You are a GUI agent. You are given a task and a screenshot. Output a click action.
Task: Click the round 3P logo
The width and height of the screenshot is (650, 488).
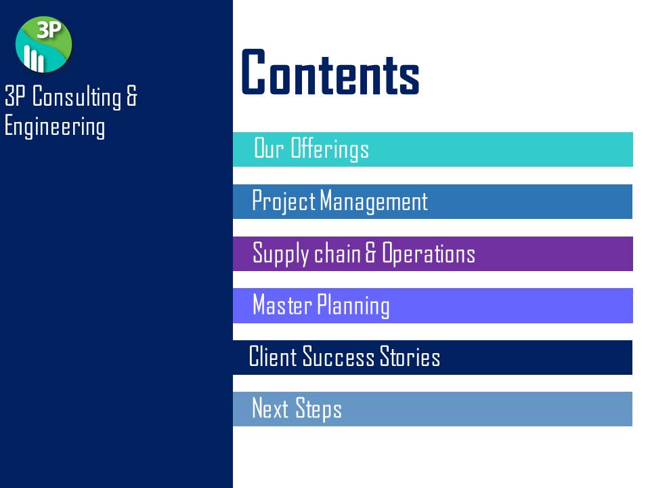(43, 45)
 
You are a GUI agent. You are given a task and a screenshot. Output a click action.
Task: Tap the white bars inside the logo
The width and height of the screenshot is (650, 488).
(34, 58)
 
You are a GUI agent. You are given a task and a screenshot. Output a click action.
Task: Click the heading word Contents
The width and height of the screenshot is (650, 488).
(330, 73)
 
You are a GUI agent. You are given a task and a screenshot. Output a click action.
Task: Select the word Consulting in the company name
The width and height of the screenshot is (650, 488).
(77, 96)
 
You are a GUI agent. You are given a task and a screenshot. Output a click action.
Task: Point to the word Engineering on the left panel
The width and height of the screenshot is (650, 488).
(55, 126)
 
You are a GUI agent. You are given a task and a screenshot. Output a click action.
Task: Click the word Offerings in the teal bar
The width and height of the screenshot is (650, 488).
(330, 148)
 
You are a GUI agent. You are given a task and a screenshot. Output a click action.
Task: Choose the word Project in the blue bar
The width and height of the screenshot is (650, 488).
(284, 201)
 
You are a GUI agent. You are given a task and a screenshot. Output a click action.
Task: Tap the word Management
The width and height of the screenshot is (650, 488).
(374, 201)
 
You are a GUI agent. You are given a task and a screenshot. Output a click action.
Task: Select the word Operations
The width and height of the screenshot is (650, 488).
(428, 253)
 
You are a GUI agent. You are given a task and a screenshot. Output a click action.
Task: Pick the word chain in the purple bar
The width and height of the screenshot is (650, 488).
(337, 253)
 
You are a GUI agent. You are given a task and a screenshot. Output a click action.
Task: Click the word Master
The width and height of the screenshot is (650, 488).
(282, 304)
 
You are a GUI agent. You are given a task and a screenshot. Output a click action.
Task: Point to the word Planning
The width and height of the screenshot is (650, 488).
(353, 306)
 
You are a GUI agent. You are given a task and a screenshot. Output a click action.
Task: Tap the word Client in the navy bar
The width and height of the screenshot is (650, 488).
(273, 357)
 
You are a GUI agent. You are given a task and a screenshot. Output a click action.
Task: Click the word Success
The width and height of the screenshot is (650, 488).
(339, 357)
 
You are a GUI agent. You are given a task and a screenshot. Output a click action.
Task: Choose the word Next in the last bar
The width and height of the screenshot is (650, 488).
(270, 407)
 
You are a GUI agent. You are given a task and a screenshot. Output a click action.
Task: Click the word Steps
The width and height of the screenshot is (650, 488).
(318, 409)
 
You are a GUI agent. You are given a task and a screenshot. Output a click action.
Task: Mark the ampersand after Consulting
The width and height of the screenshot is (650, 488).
(131, 96)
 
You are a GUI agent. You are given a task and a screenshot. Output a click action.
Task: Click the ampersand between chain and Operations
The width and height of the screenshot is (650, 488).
(371, 253)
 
